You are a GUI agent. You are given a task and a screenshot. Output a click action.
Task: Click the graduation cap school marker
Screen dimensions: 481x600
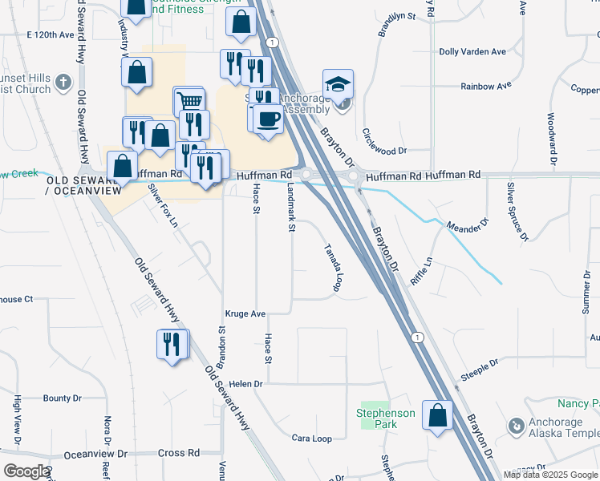[339, 83]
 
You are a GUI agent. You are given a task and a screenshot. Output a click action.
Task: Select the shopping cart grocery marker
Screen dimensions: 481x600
[189, 102]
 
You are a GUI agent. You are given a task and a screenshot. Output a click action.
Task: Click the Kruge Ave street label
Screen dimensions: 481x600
[245, 314]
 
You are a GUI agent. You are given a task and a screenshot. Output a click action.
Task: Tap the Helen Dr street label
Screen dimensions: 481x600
[245, 384]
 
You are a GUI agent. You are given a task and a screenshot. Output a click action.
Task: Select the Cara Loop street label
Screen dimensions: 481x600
[312, 439]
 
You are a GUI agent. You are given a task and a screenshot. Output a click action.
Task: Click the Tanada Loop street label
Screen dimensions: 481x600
[334, 268]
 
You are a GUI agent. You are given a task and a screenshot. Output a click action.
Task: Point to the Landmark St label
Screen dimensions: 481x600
[292, 206]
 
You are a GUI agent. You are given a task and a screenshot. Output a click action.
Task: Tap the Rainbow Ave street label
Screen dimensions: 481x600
[486, 86]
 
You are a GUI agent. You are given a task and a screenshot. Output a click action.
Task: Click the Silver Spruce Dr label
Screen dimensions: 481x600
[517, 211]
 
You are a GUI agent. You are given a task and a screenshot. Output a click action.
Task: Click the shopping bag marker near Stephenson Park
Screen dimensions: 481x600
[437, 416]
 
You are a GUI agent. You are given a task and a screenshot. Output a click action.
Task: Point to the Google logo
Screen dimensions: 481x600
[26, 471]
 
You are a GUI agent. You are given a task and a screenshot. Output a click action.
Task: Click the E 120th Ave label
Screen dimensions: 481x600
[55, 36]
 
